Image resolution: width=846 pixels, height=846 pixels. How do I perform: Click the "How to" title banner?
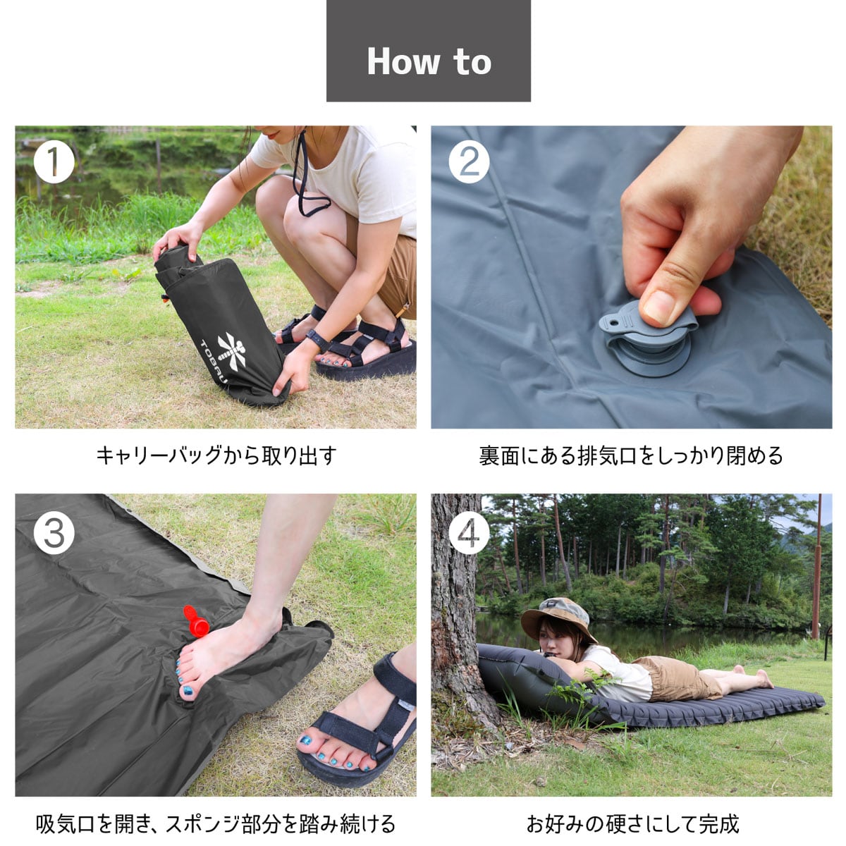click(x=428, y=51)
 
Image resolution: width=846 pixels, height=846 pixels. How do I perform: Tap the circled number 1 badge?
click(x=54, y=163)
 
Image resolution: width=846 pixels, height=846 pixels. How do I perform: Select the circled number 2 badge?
click(x=469, y=163)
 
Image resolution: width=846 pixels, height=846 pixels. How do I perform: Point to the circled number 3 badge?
click(x=54, y=534)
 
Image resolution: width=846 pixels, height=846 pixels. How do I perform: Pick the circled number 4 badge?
click(x=469, y=534)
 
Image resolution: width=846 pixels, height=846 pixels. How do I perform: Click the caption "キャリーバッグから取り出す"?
click(x=216, y=455)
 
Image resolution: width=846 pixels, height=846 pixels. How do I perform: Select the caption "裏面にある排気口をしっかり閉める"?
click(x=631, y=455)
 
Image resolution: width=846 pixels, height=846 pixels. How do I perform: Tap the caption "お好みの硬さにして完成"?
click(x=632, y=823)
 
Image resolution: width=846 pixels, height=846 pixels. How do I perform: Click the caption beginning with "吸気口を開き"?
click(x=216, y=823)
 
